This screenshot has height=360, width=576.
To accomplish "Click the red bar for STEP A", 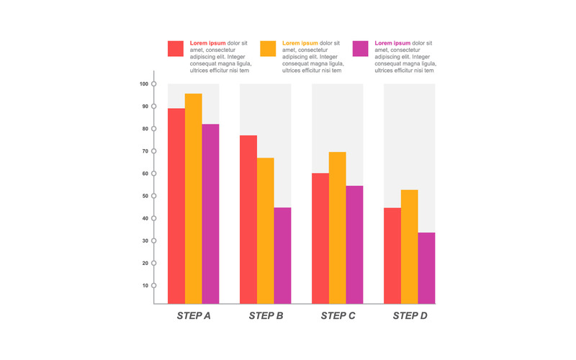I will (x=176, y=206).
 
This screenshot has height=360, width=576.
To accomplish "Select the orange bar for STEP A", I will (x=193, y=199).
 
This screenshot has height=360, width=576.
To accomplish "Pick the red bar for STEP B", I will (x=248, y=220).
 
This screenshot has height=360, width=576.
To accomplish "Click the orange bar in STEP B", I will (x=265, y=230).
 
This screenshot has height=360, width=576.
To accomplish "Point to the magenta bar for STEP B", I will (x=282, y=256).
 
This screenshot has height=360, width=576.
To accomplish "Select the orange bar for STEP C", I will (x=337, y=228).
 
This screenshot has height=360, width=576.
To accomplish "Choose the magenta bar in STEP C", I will (x=354, y=245).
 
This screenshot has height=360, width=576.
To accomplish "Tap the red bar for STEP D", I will (x=392, y=256).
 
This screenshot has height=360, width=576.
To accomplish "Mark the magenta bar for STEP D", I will (x=426, y=268).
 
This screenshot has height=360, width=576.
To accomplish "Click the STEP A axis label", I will (x=194, y=315).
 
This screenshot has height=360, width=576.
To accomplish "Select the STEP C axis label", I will (x=338, y=315).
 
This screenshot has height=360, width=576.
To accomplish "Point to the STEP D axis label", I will (x=410, y=315).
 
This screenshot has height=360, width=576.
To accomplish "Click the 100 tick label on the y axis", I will (x=144, y=84).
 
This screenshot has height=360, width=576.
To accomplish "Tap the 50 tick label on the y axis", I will (x=144, y=196).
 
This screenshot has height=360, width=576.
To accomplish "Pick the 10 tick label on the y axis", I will (x=144, y=286).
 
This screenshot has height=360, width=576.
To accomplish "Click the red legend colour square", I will (x=176, y=48).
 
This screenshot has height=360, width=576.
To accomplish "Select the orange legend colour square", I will (x=268, y=48).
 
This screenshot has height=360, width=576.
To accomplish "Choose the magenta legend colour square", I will (x=360, y=48).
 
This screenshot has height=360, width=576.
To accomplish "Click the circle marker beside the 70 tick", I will (x=154, y=151).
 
